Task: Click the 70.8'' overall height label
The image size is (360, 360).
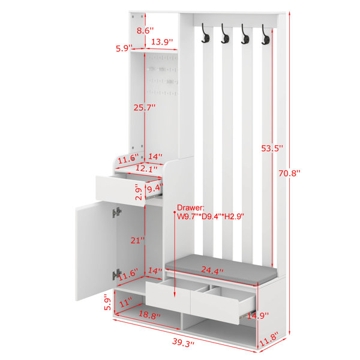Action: click(x=289, y=173)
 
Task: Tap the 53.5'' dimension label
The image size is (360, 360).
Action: click(x=272, y=148)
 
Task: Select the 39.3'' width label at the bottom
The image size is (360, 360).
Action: click(x=183, y=343)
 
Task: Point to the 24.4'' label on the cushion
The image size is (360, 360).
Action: click(x=212, y=270)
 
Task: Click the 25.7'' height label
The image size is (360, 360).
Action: click(x=145, y=107)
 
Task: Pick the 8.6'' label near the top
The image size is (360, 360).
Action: click(x=145, y=31)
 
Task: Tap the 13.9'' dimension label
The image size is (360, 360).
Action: click(x=162, y=42)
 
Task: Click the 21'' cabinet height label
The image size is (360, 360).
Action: click(x=137, y=241)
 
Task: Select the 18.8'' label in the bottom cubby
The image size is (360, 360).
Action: click(x=149, y=314)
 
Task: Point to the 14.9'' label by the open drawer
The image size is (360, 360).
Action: click(x=257, y=316)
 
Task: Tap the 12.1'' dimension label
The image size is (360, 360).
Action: click(x=146, y=168)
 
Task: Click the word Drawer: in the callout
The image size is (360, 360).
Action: click(x=191, y=208)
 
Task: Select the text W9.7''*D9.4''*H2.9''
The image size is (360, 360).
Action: click(x=211, y=216)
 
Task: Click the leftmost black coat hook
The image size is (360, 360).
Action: click(x=205, y=33)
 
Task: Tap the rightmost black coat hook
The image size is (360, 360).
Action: click(x=265, y=34)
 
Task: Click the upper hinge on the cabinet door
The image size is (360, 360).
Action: click(x=117, y=212)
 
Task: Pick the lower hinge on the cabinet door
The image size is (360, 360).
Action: click(x=117, y=274)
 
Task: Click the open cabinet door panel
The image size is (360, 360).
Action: click(x=96, y=251)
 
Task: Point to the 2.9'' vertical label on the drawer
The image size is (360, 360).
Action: click(x=139, y=192)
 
